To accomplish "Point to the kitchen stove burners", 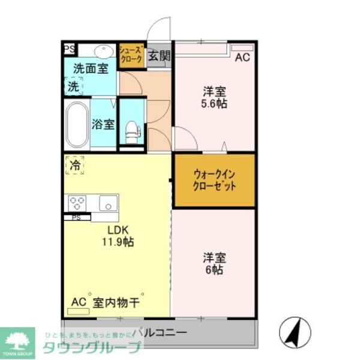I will click(76, 202).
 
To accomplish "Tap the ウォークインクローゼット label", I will click(214, 180).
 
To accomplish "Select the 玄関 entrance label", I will click(160, 57).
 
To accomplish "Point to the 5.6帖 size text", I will click(214, 103).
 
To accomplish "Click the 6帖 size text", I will click(214, 270).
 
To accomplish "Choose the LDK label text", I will click(119, 230).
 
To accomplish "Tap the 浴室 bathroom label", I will click(103, 125).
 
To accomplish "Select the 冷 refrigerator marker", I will click(74, 164).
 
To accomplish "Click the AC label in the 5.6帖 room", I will click(242, 58).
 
